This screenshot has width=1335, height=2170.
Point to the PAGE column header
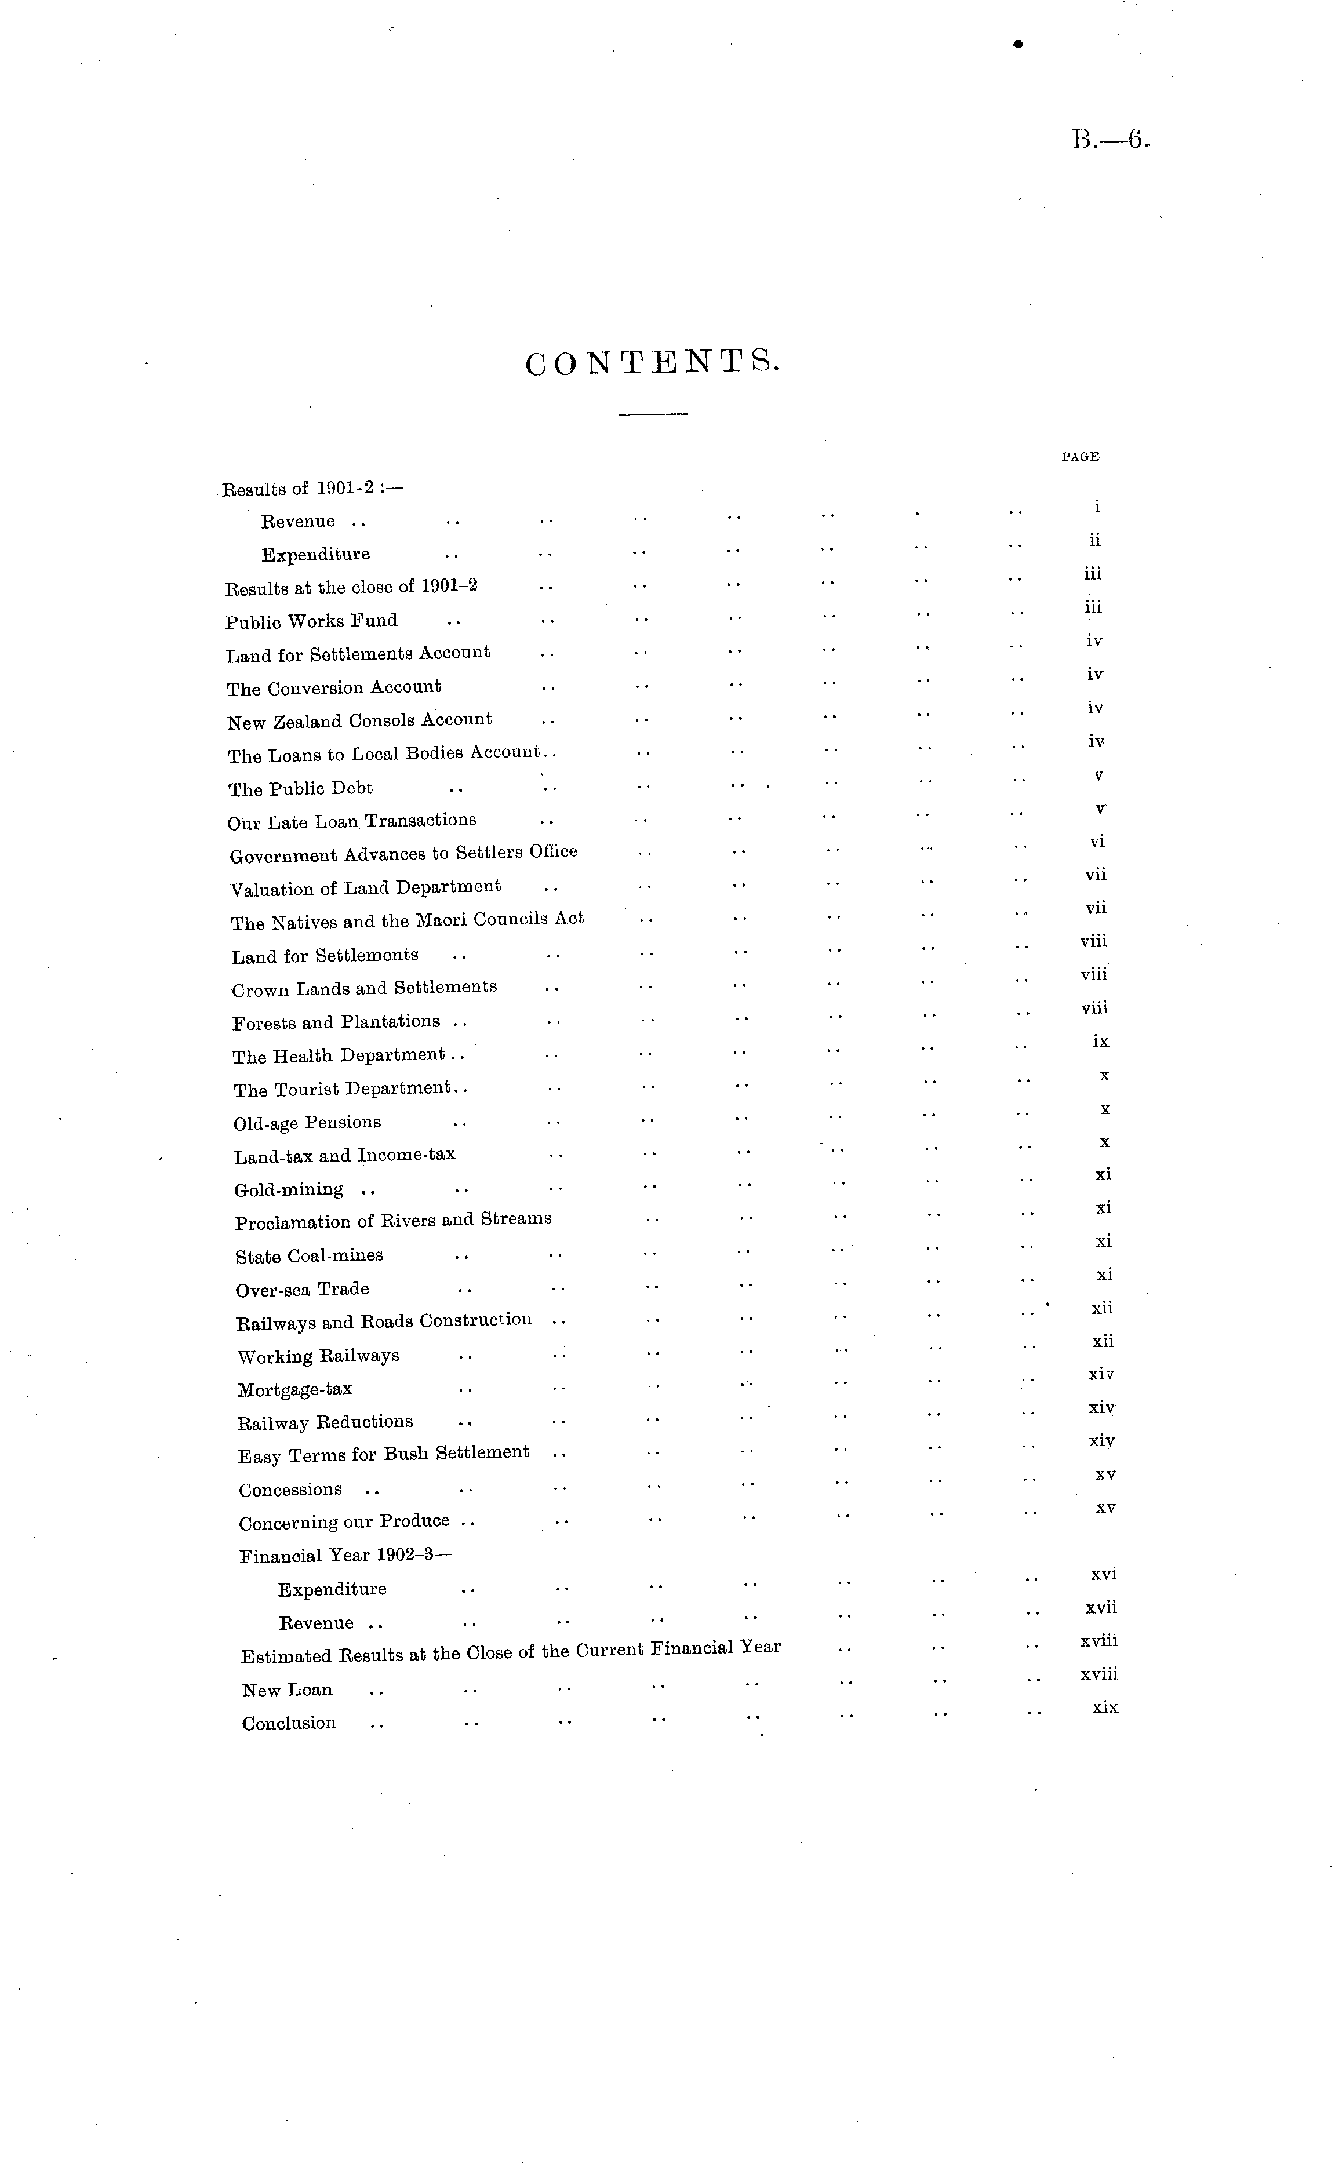[1080, 456]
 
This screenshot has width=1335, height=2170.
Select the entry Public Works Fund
[312, 621]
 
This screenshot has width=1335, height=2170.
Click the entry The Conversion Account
[334, 687]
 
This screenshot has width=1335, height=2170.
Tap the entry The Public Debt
[300, 788]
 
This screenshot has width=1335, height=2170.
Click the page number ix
[1100, 1042]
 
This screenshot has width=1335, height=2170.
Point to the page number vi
[1097, 842]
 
